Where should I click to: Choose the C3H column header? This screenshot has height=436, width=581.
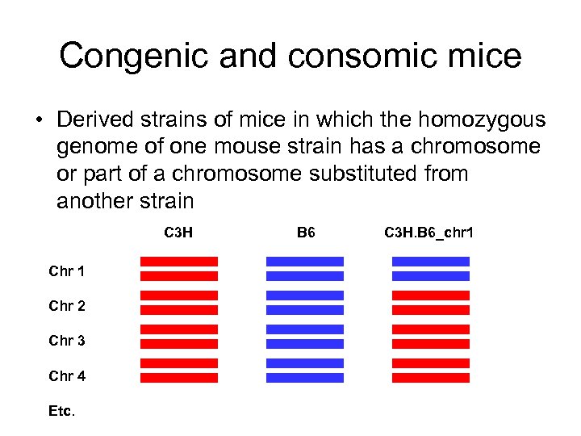[x=178, y=233]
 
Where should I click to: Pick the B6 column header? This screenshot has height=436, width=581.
[x=305, y=233]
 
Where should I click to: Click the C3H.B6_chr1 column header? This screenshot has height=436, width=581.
[x=429, y=233]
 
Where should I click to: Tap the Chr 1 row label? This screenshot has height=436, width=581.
[x=67, y=271]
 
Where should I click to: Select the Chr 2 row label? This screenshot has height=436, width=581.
[x=67, y=306]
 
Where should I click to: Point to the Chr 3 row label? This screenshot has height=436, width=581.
[x=67, y=341]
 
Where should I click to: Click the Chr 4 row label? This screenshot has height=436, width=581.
[x=67, y=375]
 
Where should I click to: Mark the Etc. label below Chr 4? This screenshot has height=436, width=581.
[x=62, y=411]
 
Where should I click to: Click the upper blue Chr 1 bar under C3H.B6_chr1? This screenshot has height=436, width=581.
[x=430, y=262]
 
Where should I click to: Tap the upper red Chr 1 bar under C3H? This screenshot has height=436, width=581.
[x=179, y=262]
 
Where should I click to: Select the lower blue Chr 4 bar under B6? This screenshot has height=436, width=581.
[x=304, y=378]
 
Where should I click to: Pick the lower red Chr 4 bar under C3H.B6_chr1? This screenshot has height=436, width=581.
[x=430, y=378]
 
